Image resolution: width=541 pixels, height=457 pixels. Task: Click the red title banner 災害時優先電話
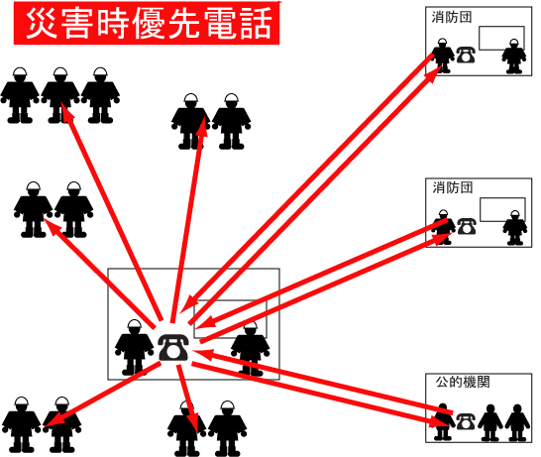147,23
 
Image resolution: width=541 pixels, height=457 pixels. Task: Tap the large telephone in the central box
173,348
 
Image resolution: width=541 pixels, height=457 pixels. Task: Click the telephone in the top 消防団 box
466,55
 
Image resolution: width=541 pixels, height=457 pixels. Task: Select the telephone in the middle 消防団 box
467,226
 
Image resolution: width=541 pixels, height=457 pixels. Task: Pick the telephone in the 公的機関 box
466,421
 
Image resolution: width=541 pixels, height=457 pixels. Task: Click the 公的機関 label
463,382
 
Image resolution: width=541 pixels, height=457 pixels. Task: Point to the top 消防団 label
451,17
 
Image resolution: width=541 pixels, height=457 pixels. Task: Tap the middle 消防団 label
453,188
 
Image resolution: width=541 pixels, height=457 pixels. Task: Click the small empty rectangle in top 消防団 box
501,38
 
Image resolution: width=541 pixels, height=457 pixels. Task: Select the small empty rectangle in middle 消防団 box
502,209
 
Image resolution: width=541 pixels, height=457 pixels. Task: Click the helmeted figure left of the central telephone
134,347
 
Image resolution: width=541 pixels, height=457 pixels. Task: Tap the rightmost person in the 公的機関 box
517,422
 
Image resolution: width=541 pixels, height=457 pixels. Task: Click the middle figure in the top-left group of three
60,95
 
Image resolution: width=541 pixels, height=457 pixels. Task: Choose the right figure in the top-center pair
232,121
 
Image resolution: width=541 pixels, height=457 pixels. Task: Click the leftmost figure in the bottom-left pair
22,425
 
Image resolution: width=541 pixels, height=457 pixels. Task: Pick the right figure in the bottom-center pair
227,429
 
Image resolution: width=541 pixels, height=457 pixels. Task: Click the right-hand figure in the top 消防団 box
514,57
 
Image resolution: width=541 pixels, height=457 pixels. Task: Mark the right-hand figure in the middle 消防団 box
515,227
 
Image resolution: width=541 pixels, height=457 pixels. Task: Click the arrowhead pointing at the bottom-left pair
52,420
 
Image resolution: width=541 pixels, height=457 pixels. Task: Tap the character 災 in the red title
42,23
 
